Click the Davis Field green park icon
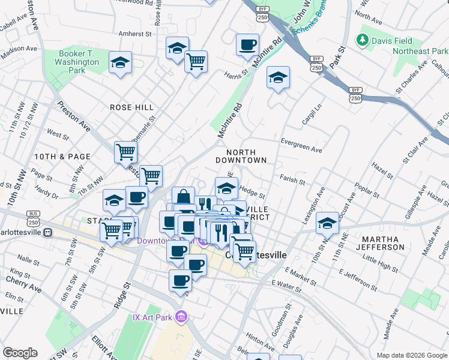click(362, 40)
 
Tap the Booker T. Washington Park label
click(79, 62)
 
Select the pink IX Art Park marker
click(182, 316)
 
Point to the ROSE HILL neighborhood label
click(131, 107)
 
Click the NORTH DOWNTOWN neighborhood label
click(241, 157)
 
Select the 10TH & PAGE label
click(53, 157)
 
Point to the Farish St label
click(292, 179)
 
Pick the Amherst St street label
click(135, 34)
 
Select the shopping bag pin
click(183, 197)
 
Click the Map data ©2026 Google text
click(411, 355)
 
